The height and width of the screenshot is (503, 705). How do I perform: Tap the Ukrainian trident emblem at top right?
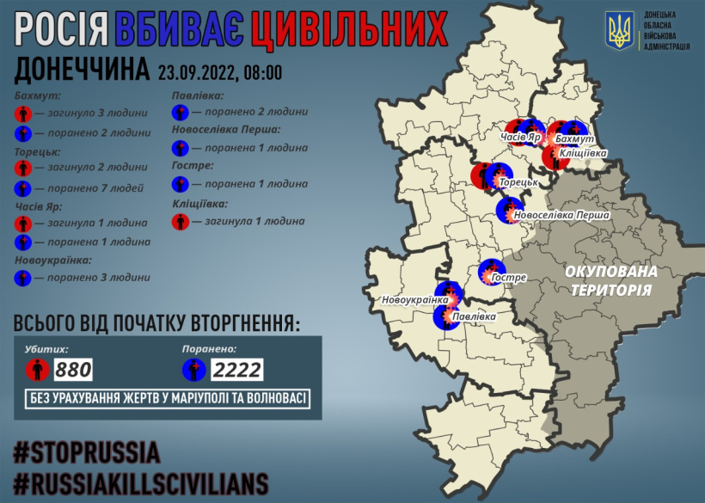(619, 30)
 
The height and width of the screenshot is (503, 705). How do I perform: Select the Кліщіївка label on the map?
(583, 153)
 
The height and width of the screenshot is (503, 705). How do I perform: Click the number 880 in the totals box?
(73, 371)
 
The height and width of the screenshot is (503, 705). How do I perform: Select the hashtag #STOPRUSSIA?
(87, 451)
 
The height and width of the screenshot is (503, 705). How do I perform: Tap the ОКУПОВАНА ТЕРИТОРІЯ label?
(611, 280)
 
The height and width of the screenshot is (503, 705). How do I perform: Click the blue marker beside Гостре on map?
(491, 273)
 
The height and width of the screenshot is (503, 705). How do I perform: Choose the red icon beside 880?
(36, 371)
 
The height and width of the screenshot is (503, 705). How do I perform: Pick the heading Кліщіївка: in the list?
(199, 204)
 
